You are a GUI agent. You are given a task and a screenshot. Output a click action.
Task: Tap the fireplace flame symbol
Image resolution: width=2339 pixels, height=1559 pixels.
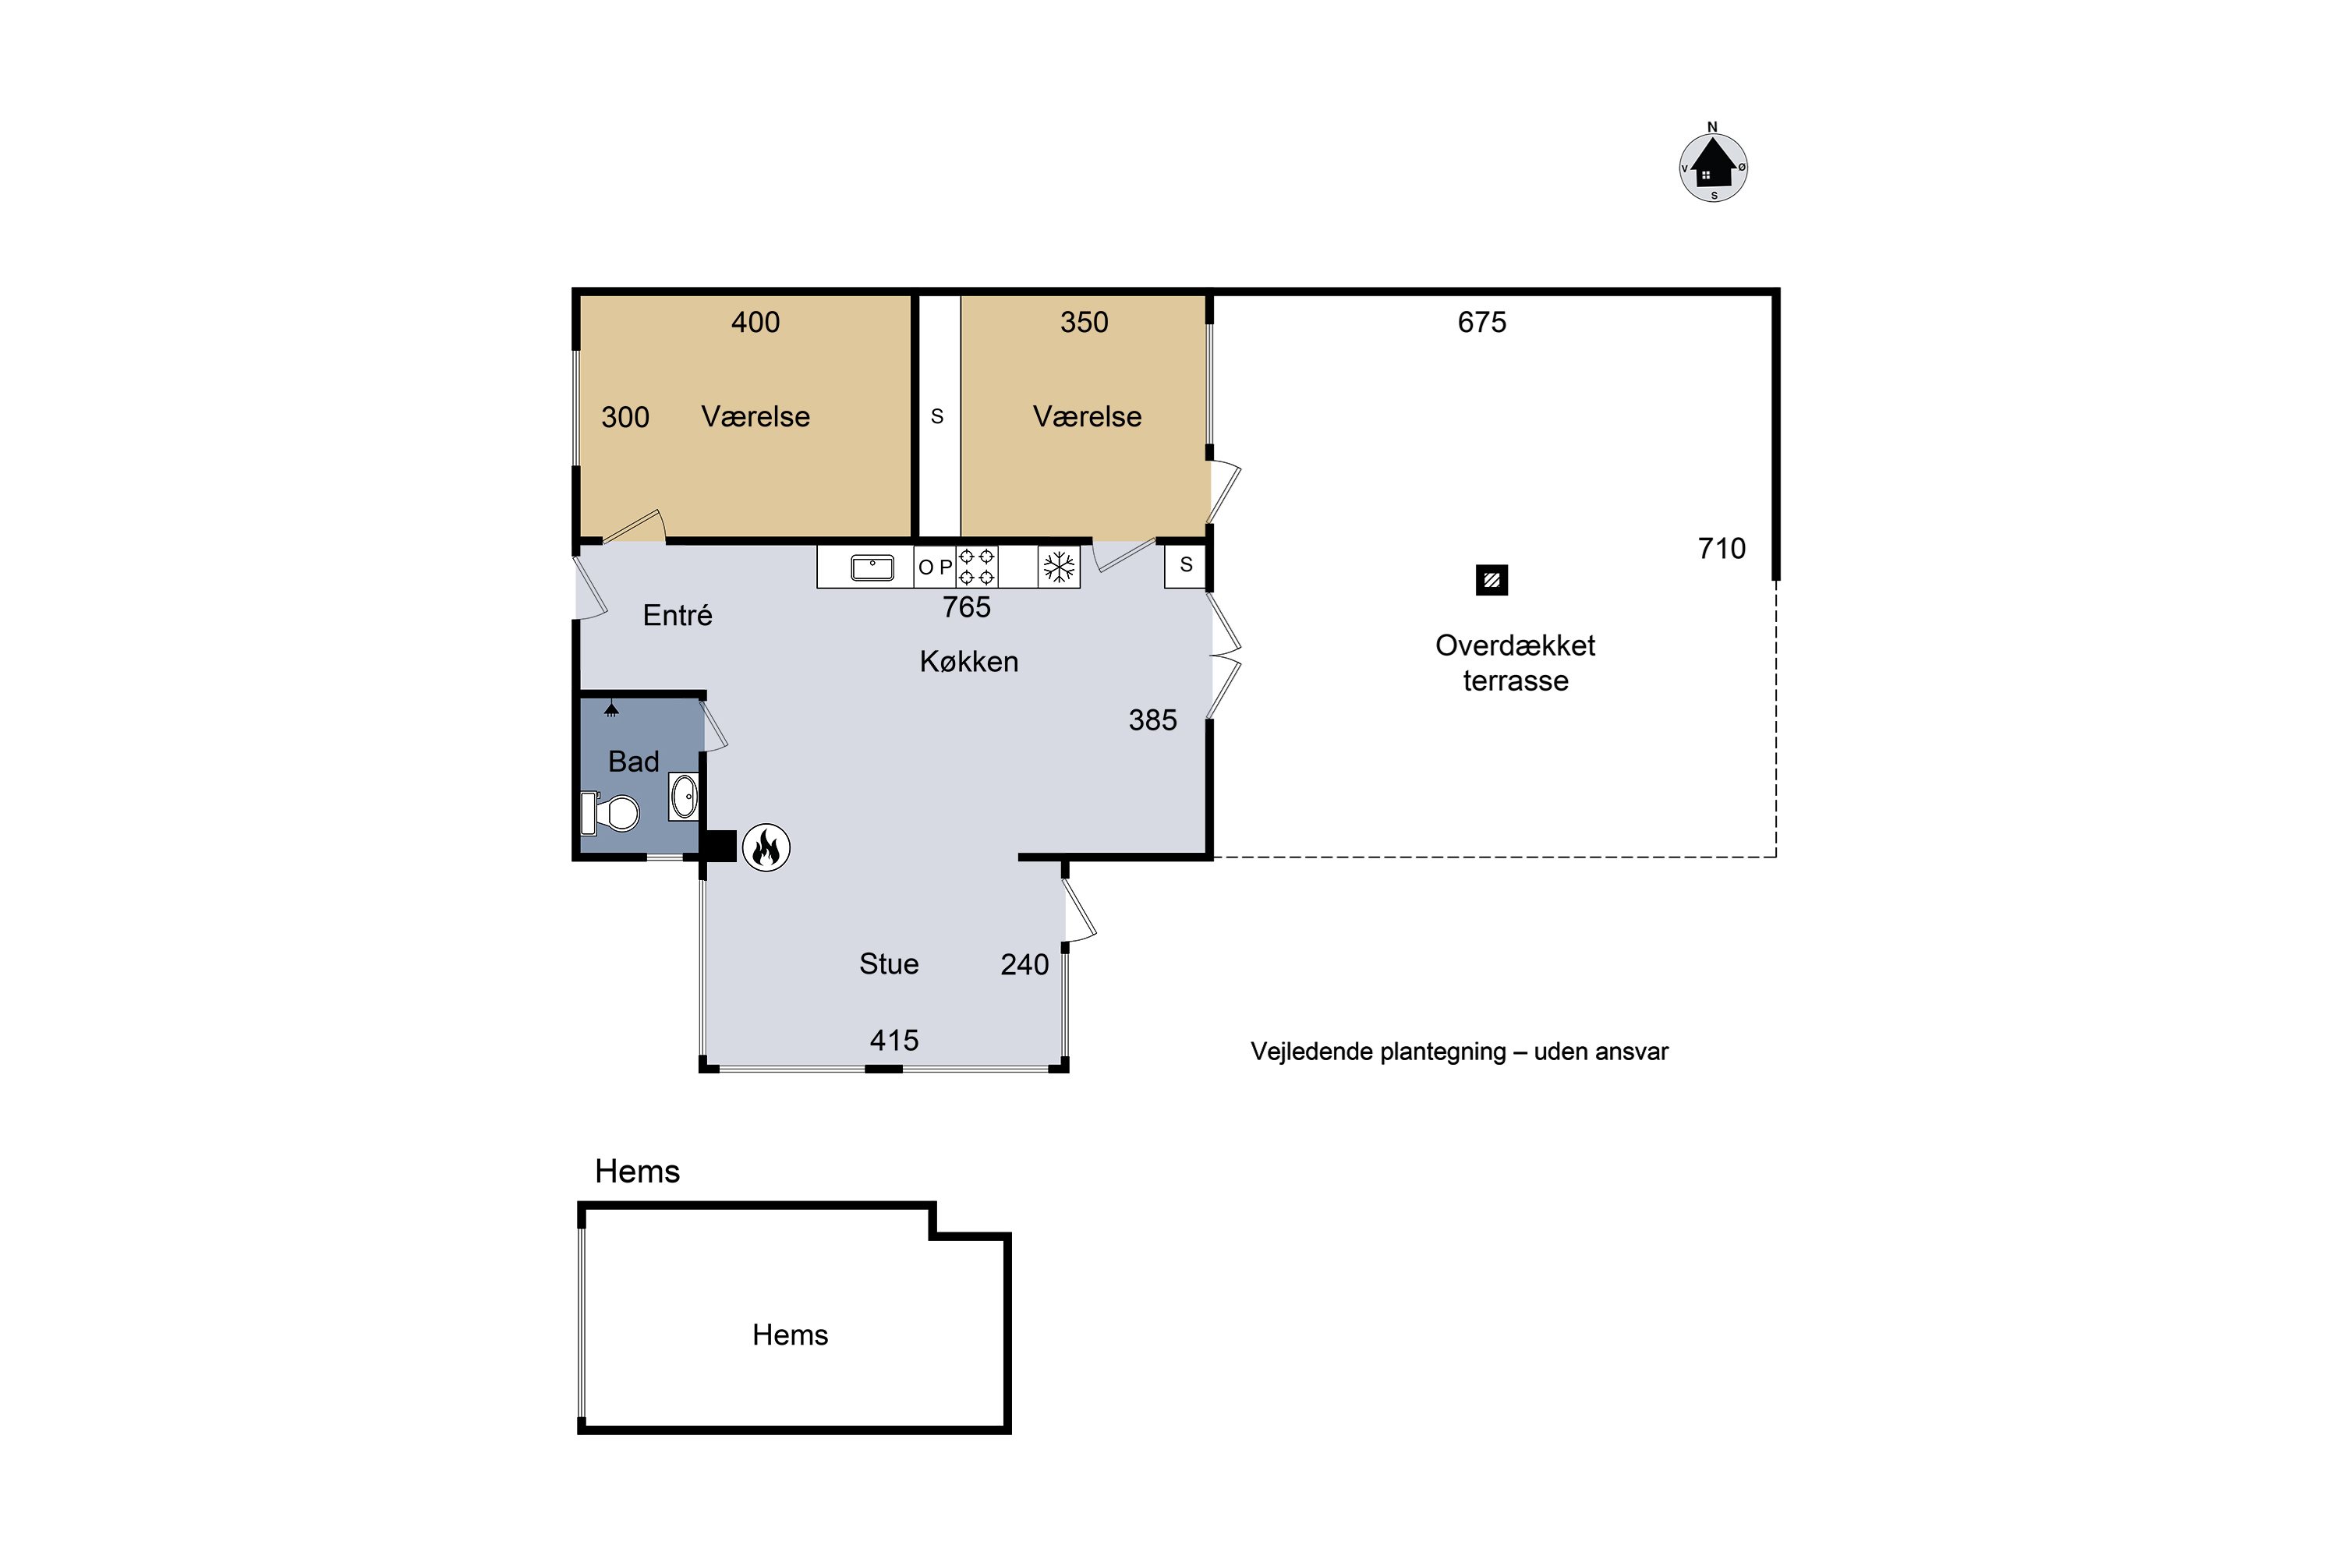pos(766,848)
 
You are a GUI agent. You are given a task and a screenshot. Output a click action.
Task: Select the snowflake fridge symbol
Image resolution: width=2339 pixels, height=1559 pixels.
pos(1058,567)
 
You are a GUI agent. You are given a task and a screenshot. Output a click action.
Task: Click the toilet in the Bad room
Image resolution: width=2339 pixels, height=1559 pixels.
pos(610,812)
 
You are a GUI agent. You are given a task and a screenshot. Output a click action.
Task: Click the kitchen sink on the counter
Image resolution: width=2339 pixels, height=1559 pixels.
pos(872,567)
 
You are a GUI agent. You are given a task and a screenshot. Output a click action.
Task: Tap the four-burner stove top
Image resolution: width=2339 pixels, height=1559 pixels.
pos(977,567)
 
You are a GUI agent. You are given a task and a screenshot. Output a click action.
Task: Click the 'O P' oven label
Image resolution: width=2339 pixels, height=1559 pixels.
pos(935,567)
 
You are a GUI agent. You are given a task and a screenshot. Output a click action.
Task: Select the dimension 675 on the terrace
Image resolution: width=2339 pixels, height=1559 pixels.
pos(1482,322)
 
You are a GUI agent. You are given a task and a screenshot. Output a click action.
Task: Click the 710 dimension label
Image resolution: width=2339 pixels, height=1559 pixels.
pos(1722,549)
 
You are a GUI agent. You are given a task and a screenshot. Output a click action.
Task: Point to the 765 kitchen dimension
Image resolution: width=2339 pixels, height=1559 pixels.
pos(967,607)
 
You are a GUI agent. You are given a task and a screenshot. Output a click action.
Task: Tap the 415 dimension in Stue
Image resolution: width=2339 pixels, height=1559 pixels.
pos(894,1041)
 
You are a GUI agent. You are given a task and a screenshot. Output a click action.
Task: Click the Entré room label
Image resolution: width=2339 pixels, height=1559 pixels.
pos(678,616)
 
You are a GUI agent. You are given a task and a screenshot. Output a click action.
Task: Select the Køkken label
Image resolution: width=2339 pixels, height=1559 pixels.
pos(968,662)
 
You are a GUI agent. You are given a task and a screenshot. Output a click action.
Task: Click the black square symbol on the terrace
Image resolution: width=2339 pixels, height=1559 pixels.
pos(1492,580)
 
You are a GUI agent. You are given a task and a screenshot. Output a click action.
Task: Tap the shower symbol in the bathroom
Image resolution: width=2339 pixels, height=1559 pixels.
pos(611,709)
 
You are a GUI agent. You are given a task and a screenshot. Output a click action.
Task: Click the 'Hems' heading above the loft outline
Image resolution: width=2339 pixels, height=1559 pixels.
pos(638,1172)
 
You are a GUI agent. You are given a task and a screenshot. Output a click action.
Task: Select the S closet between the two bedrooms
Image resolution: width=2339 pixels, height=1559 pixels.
pos(937,416)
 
